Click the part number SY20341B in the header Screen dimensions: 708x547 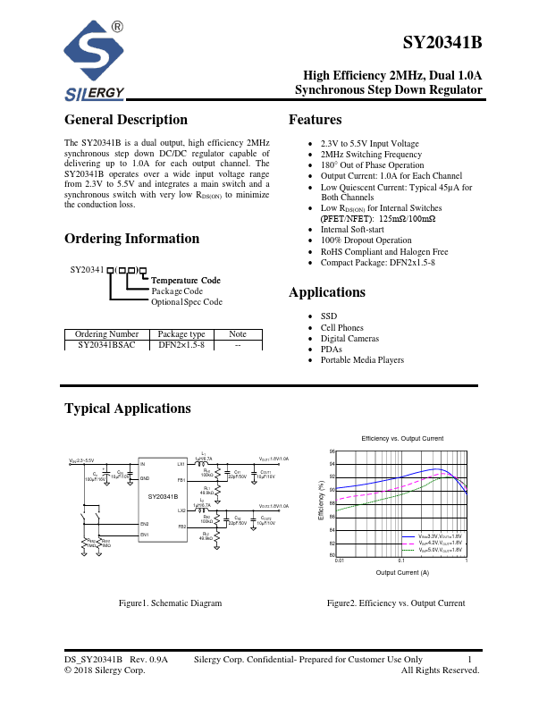pyautogui.click(x=442, y=43)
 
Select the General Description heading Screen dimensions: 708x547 pyautogui.click(x=126, y=121)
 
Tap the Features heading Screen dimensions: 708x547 pyautogui.click(x=315, y=121)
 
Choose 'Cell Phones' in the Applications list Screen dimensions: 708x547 pyautogui.click(x=343, y=328)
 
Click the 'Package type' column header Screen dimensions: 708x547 pyautogui.click(x=181, y=334)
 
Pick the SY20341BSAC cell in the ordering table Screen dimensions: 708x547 pyautogui.click(x=106, y=344)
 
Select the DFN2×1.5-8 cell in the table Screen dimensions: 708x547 pyautogui.click(x=181, y=344)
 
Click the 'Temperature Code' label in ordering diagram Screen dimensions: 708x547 pyautogui.click(x=186, y=281)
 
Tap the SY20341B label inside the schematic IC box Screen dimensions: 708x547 pyautogui.click(x=163, y=496)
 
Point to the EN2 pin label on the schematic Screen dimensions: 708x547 pyautogui.click(x=143, y=523)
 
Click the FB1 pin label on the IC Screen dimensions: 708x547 pyautogui.click(x=181, y=480)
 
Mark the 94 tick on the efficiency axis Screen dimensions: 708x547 pyautogui.click(x=332, y=465)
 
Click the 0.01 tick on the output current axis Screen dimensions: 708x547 pyautogui.click(x=340, y=560)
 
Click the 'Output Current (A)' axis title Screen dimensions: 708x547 pyautogui.click(x=402, y=572)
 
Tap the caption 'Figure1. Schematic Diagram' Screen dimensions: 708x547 pyautogui.click(x=170, y=603)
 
